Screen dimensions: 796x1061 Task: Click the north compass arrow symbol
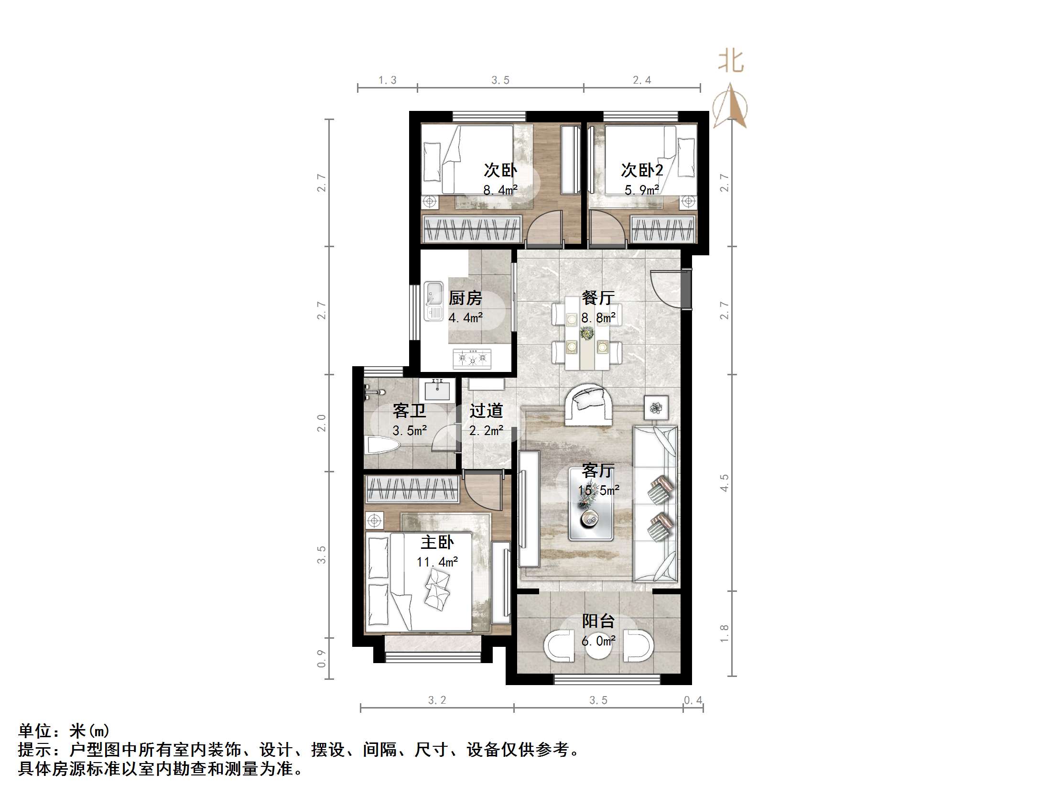point(730,107)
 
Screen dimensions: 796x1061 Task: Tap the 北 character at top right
point(731,62)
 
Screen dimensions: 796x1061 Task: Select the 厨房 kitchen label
point(465,298)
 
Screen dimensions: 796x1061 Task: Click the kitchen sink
point(433,301)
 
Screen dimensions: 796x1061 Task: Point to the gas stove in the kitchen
point(473,359)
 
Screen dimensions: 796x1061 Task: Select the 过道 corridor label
point(486,411)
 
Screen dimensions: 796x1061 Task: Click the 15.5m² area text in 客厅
point(599,491)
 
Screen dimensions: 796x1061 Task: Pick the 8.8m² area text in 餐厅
point(599,317)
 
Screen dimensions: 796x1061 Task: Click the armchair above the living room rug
point(588,404)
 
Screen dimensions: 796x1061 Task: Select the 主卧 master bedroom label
point(437,543)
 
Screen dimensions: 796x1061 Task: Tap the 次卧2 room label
point(642,170)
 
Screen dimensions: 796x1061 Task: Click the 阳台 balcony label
point(598,622)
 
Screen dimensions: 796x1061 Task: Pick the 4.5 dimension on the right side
point(724,483)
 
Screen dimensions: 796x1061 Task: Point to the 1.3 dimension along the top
point(388,80)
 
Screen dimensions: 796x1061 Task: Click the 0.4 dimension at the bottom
point(693,700)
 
